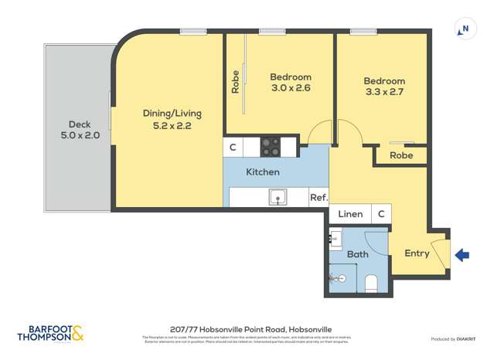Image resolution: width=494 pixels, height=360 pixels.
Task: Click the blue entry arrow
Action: pyautogui.click(x=462, y=255)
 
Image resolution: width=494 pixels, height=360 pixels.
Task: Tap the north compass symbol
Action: pyautogui.click(x=465, y=30)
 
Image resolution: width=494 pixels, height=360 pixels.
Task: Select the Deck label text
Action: pyautogui.click(x=80, y=129)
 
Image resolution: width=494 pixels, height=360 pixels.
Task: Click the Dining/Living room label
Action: pyautogui.click(x=167, y=119)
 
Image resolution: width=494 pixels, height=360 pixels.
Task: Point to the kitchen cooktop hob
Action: pyautogui.click(x=270, y=146)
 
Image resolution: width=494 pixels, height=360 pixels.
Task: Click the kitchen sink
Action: pyautogui.click(x=278, y=197)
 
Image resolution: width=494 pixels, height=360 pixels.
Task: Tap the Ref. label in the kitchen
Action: pyautogui.click(x=318, y=198)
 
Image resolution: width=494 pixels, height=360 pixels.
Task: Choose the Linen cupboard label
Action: pyautogui.click(x=350, y=214)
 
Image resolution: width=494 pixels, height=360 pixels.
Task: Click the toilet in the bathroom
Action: pyautogui.click(x=370, y=283)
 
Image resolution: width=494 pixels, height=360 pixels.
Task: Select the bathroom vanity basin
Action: pyautogui.click(x=336, y=239)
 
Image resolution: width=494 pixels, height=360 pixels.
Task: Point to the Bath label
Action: pyautogui.click(x=358, y=254)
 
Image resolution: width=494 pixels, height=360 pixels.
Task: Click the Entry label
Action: pyautogui.click(x=417, y=253)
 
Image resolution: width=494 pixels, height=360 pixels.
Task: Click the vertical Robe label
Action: pyautogui.click(x=236, y=83)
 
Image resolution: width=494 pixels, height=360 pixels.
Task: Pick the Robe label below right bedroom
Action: pyautogui.click(x=400, y=155)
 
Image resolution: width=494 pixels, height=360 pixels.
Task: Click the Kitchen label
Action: pyautogui.click(x=263, y=172)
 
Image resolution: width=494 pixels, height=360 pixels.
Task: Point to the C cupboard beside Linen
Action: pyautogui.click(x=381, y=214)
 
